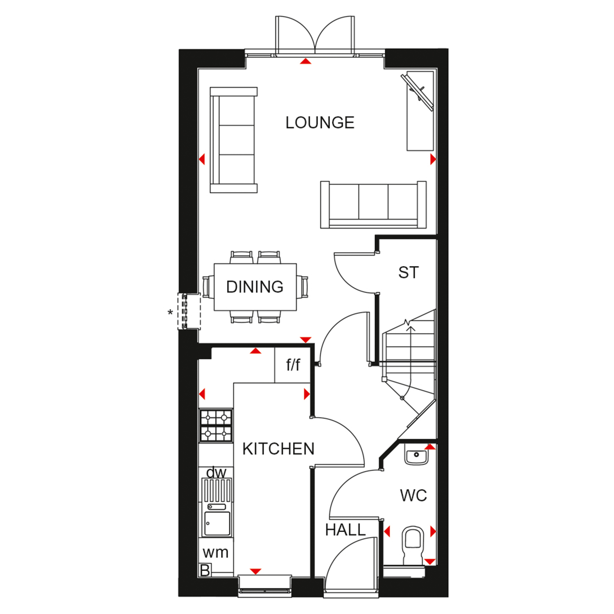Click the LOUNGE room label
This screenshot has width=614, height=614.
(320, 122)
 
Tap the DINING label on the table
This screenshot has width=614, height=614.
(255, 287)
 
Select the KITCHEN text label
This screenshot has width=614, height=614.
(278, 449)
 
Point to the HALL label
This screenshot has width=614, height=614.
(345, 530)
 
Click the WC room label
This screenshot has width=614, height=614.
(413, 496)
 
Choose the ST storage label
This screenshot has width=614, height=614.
(409, 273)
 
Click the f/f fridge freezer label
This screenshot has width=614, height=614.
(293, 364)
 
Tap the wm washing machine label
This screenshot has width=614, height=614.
(215, 553)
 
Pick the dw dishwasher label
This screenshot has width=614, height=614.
(216, 473)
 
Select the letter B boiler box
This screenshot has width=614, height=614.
(205, 570)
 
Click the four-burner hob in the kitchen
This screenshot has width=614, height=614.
(216, 426)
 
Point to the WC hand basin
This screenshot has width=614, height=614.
(416, 455)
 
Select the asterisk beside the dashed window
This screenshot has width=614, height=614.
(170, 313)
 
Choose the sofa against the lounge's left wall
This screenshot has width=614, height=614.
(234, 140)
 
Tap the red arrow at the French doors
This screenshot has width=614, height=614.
(305, 61)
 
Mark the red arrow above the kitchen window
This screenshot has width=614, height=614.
(255, 571)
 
